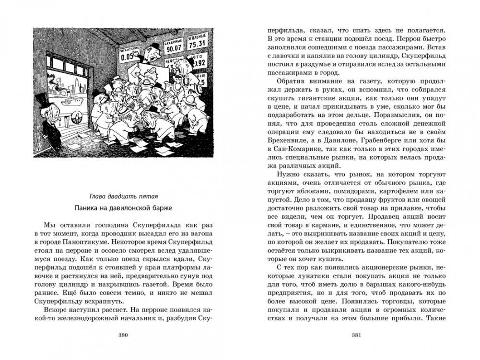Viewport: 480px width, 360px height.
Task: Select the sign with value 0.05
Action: (x=127, y=54)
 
